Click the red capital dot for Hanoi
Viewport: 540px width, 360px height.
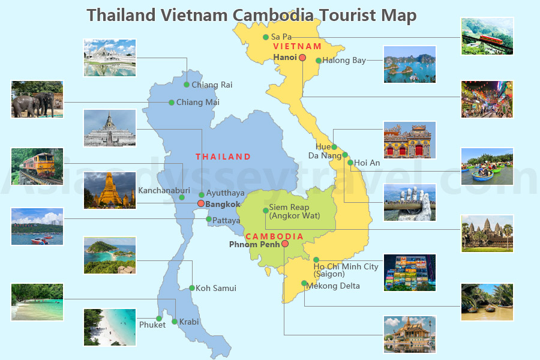pos(302,58)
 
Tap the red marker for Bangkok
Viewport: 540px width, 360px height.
pos(201,204)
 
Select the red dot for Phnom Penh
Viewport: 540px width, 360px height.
pos(285,244)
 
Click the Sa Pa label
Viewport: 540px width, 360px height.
pos(281,37)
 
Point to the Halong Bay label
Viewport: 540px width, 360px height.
pos(344,61)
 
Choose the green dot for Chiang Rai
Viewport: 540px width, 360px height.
pos(187,85)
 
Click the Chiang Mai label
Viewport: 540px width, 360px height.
pos(197,103)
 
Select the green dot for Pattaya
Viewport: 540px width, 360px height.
pos(209,219)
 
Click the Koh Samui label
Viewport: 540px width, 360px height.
pos(216,288)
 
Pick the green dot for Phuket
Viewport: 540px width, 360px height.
pos(159,319)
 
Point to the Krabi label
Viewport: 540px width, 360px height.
pos(189,322)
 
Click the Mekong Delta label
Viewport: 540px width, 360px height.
pos(333,286)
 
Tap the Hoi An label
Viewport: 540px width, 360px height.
pos(367,163)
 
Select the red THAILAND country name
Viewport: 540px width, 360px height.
pos(223,157)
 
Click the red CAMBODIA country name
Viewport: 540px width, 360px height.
pos(275,236)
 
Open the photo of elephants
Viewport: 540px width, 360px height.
pos(37,100)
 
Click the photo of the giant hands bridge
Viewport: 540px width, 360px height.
pos(410,202)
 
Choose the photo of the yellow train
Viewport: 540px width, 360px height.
pos(37,166)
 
